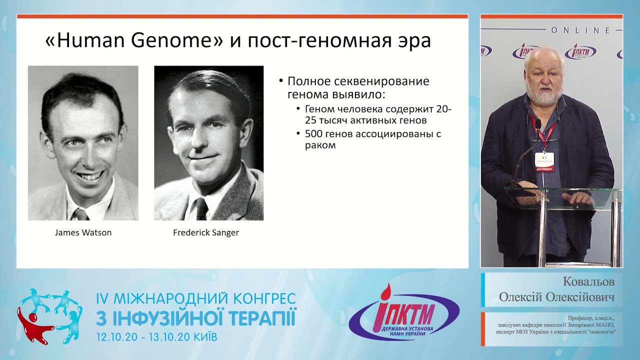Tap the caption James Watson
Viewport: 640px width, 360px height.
[83, 232]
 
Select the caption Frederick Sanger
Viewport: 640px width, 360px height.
[206, 232]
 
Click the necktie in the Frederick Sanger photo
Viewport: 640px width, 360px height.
[201, 209]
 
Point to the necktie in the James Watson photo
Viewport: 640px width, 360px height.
[81, 214]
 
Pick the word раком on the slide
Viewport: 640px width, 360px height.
[320, 145]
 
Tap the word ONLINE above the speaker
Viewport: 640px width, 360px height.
[580, 30]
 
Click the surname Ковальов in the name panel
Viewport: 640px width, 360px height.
[588, 281]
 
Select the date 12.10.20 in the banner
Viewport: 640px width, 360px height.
[117, 337]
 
